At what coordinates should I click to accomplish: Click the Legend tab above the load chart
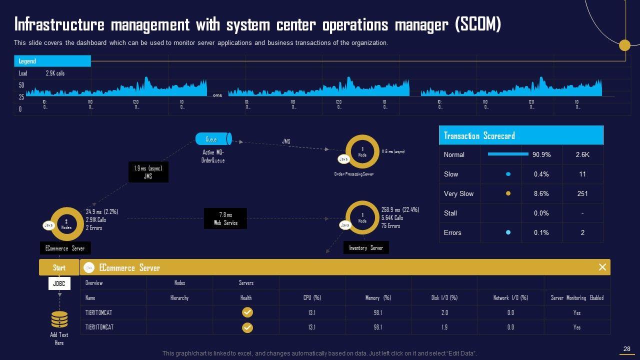click(x=52, y=61)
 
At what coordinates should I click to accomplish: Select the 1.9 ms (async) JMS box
click(x=148, y=172)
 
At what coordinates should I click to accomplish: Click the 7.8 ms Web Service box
click(x=225, y=219)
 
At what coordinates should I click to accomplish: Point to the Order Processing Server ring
click(x=362, y=151)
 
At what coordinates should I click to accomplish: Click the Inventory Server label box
click(x=365, y=248)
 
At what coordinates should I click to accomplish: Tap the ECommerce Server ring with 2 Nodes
click(x=66, y=224)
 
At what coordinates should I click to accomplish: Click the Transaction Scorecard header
click(x=521, y=135)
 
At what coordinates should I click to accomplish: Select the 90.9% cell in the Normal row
click(x=541, y=154)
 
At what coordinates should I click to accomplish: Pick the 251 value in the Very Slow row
click(x=582, y=193)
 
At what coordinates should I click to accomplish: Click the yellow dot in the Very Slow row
click(x=508, y=193)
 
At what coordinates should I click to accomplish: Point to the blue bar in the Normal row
click(x=508, y=154)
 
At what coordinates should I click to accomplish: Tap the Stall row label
click(x=450, y=213)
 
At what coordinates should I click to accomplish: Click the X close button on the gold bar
click(x=602, y=267)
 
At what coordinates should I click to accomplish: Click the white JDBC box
click(x=59, y=284)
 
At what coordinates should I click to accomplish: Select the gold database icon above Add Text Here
click(x=59, y=319)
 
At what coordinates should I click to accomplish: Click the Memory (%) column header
click(x=378, y=297)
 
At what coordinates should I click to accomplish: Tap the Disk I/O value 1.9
click(x=444, y=327)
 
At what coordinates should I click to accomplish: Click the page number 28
click(x=627, y=349)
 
